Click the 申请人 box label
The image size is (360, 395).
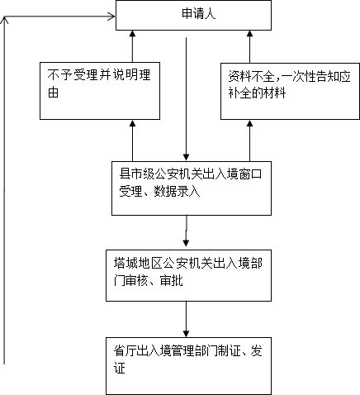pyautogui.click(x=198, y=14)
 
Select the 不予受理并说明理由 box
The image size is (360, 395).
pyautogui.click(x=100, y=91)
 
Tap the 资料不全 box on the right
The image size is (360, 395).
pyautogui.click(x=290, y=91)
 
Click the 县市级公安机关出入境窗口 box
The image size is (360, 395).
pyautogui.click(x=192, y=188)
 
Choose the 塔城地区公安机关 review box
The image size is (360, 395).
pyautogui.click(x=188, y=275)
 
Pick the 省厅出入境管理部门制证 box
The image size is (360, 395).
pyautogui.click(x=188, y=366)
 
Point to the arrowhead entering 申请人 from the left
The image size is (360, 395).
pyautogui.click(x=111, y=17)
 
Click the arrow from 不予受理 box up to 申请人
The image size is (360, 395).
pyautogui.click(x=132, y=46)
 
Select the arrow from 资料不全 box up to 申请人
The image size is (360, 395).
pyautogui.click(x=249, y=46)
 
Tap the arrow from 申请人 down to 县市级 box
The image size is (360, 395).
pyautogui.click(x=186, y=99)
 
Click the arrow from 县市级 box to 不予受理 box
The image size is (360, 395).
pyautogui.click(x=132, y=140)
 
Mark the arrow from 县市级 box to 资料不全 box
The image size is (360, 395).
pyautogui.click(x=249, y=140)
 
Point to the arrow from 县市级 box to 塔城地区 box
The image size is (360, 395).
pyautogui.click(x=186, y=231)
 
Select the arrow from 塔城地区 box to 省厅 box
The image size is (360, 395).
pyautogui.click(x=186, y=319)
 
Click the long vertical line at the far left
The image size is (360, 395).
pyautogui.click(x=4, y=190)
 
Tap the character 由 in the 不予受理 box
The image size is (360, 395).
pyautogui.click(x=53, y=93)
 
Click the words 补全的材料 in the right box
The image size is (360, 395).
pyautogui.click(x=257, y=93)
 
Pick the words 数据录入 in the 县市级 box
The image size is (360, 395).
pyautogui.click(x=177, y=191)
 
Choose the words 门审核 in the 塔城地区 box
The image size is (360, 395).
pyautogui.click(x=130, y=281)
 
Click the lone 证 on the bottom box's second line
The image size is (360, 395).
pyautogui.click(x=120, y=368)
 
